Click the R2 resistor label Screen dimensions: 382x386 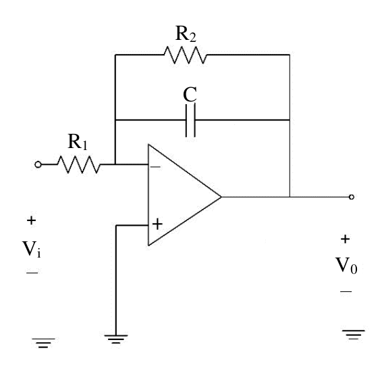pyautogui.click(x=186, y=34)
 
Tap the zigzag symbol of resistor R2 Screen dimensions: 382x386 pyautogui.click(x=186, y=55)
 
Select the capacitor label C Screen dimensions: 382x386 pyautogui.click(x=190, y=95)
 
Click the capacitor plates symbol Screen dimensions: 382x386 pyautogui.click(x=190, y=120)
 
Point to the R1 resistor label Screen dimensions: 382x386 pyautogui.click(x=78, y=142)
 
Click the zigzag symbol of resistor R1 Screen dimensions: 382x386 pyautogui.click(x=79, y=164)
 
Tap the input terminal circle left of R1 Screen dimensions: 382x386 pyautogui.click(x=38, y=164)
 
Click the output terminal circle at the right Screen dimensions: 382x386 pyautogui.click(x=352, y=197)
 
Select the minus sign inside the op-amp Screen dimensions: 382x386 pyautogui.click(x=155, y=167)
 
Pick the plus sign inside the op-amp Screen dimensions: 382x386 pyautogui.click(x=157, y=224)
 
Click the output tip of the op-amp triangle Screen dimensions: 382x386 pyautogui.click(x=221, y=197)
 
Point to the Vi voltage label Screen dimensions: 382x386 pyautogui.click(x=32, y=249)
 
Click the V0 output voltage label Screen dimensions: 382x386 pyautogui.click(x=346, y=266)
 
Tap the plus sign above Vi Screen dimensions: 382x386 pyautogui.click(x=31, y=220)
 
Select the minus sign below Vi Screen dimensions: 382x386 pyautogui.click(x=32, y=272)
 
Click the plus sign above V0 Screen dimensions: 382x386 pyautogui.click(x=345, y=239)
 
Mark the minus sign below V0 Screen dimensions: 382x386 pyautogui.click(x=346, y=292)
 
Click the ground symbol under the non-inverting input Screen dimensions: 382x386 pyautogui.click(x=116, y=339)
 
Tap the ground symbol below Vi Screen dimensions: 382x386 pyautogui.click(x=43, y=343)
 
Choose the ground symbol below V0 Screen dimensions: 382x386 pyautogui.click(x=354, y=335)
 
